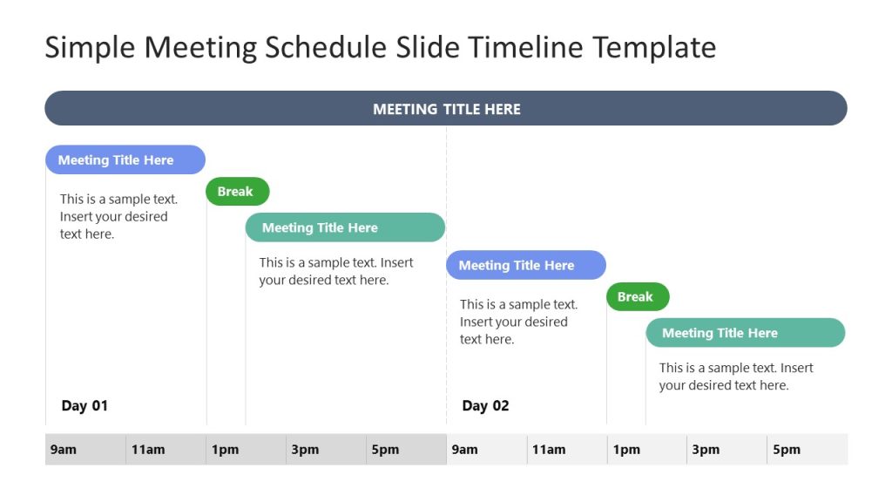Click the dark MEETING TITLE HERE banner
pos(446,109)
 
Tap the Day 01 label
pos(84,405)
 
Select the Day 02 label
pos(485,405)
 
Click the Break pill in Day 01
pos(237,192)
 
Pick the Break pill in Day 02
pos(637,297)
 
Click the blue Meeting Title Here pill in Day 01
pos(125,160)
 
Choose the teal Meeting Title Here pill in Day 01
pos(345,227)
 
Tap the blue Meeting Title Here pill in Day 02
pos(525,265)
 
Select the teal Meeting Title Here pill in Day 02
pos(745,333)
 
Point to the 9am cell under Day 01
pos(85,450)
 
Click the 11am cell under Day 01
pos(166,450)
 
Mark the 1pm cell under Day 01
pos(246,450)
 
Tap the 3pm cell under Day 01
pos(326,450)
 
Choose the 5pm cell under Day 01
pos(406,450)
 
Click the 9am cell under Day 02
pos(487,450)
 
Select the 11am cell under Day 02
pos(567,450)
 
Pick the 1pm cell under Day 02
pos(647,450)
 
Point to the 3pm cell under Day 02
pos(727,450)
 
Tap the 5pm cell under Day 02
pos(808,450)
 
